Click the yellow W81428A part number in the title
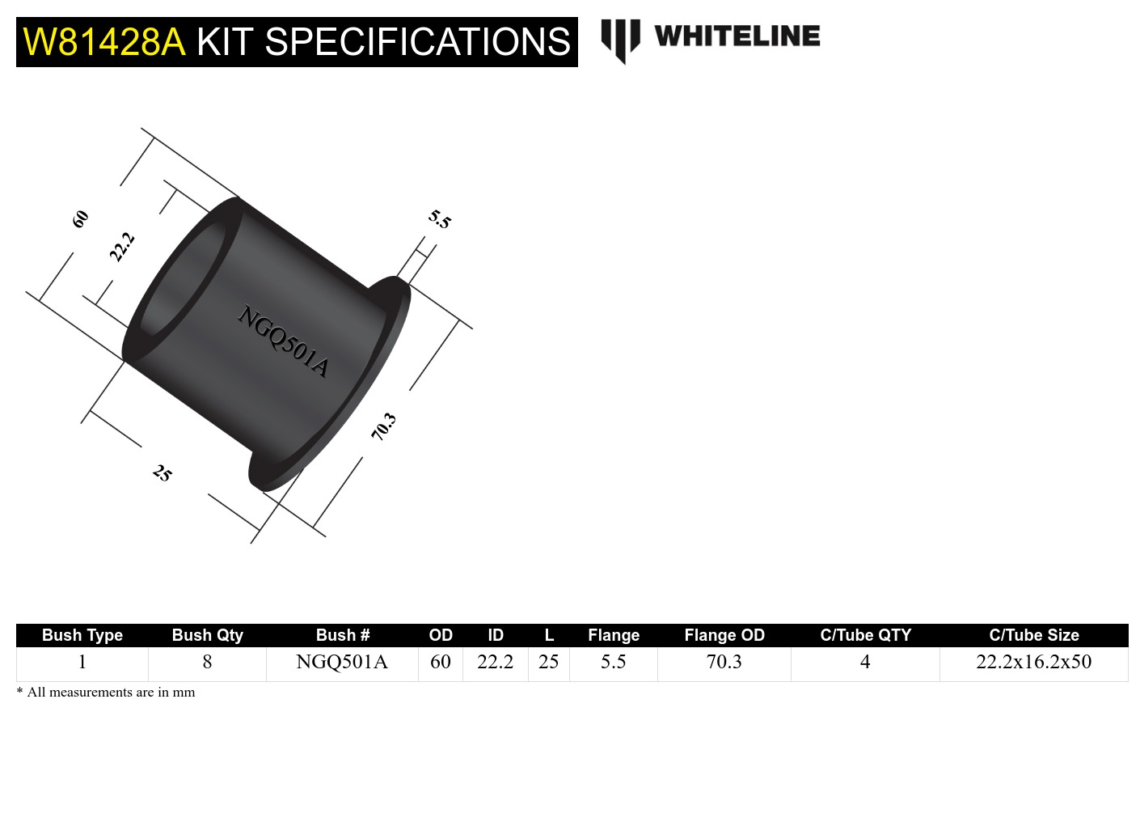point(103,42)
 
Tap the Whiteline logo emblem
point(620,40)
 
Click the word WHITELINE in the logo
point(737,36)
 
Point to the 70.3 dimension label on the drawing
point(383,426)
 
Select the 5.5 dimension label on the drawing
point(439,219)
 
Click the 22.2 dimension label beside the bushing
point(121,247)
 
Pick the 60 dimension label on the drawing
point(80,219)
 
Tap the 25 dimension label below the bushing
point(162,473)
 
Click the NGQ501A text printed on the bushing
point(283,341)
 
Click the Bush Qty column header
point(207,635)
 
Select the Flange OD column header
point(724,635)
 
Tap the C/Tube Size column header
point(1033,635)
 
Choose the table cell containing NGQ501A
point(342,662)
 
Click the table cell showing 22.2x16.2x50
point(1033,662)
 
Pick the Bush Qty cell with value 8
point(207,662)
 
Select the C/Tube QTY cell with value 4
point(864,662)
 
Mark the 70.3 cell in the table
point(724,662)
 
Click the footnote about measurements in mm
point(106,693)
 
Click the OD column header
point(441,635)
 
